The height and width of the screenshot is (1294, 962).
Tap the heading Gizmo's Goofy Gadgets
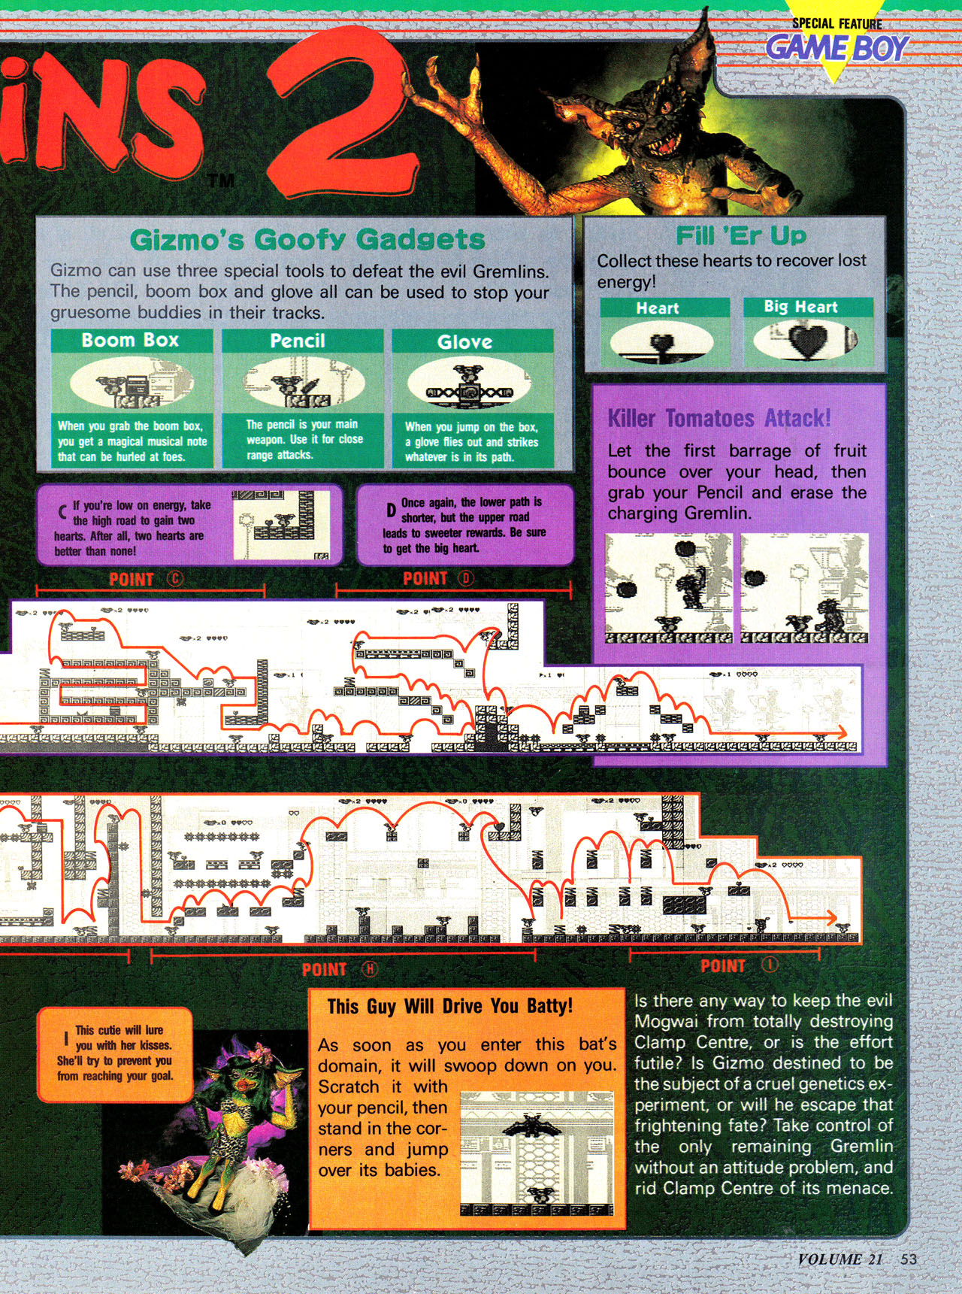tap(307, 240)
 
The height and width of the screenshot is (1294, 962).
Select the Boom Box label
tap(130, 340)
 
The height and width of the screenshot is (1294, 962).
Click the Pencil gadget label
tap(298, 341)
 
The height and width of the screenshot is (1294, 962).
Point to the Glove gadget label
tap(464, 342)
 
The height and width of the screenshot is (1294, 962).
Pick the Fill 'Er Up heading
tap(740, 235)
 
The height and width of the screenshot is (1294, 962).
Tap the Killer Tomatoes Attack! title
tap(719, 418)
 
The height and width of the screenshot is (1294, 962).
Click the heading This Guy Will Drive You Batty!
tap(449, 1006)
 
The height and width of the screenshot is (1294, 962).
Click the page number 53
tap(909, 1259)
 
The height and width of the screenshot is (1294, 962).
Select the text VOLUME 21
tap(839, 1259)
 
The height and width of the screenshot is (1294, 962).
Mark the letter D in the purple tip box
tap(391, 511)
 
